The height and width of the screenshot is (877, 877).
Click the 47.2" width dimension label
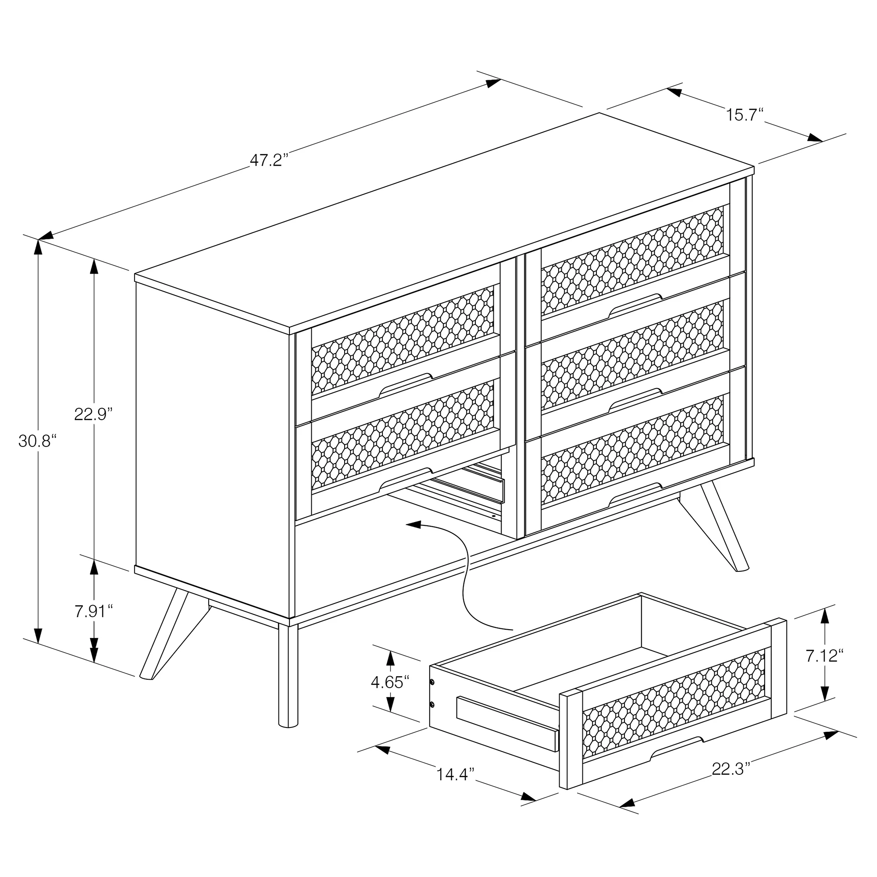(x=269, y=160)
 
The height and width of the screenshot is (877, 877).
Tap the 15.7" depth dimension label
(x=745, y=114)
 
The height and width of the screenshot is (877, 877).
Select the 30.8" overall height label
(x=37, y=441)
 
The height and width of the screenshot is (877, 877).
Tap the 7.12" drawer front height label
(x=824, y=656)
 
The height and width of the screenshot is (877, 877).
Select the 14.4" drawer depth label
(x=455, y=774)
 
